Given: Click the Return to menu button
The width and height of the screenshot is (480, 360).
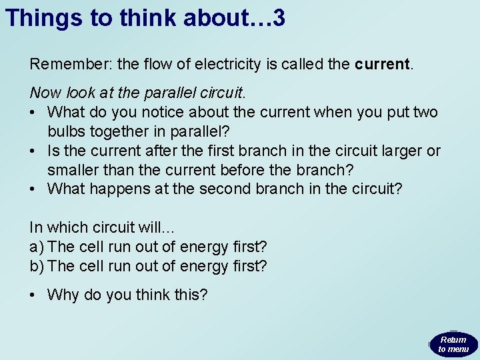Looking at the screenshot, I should pyautogui.click(x=453, y=344).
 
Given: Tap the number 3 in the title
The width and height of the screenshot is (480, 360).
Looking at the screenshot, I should pyautogui.click(x=279, y=18).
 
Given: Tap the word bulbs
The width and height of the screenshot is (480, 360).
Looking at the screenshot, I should pyautogui.click(x=66, y=131).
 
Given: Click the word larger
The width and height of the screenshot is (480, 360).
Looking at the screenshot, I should pyautogui.click(x=401, y=151).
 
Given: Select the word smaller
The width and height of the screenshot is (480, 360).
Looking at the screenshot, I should pyautogui.click(x=73, y=170).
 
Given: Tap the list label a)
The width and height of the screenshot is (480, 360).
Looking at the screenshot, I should pyautogui.click(x=37, y=247).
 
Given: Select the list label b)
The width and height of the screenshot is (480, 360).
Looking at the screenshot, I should pyautogui.click(x=37, y=266).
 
